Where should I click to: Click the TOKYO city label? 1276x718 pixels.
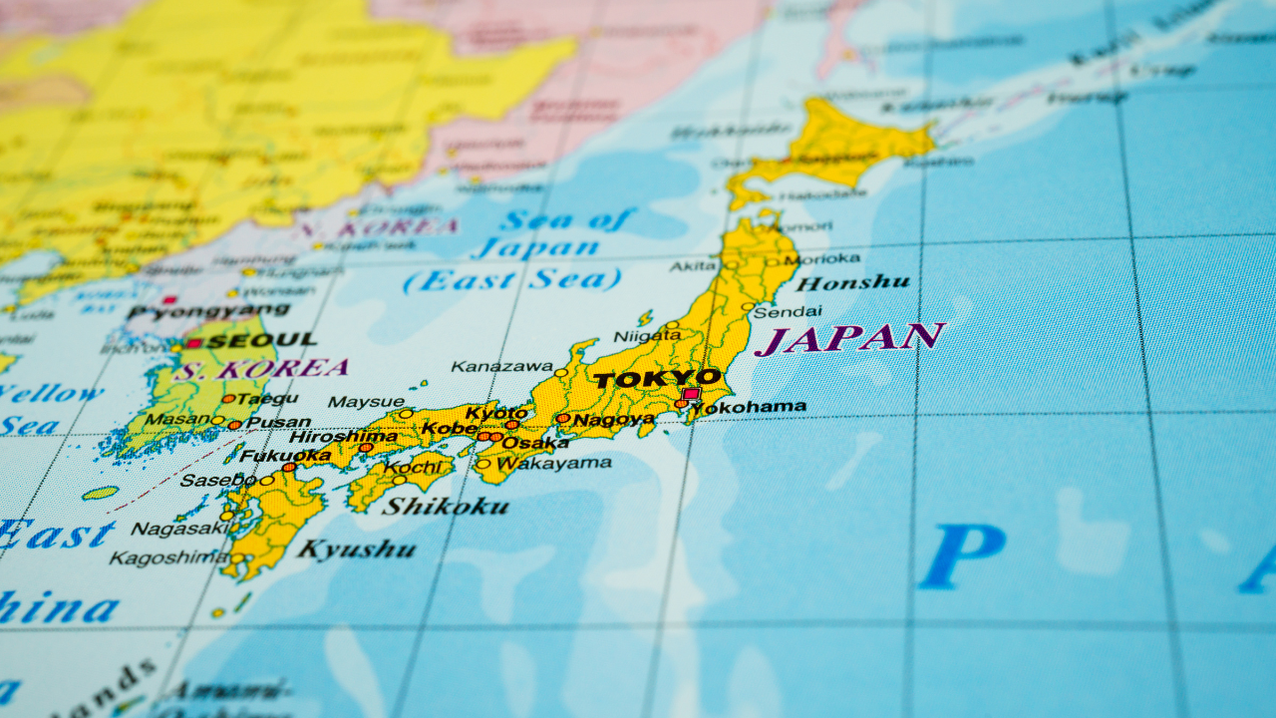pyautogui.click(x=656, y=379)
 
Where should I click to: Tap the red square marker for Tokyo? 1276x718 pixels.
pyautogui.click(x=691, y=394)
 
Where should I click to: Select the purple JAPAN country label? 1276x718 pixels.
pyautogui.click(x=849, y=338)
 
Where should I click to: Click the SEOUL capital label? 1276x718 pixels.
pyautogui.click(x=261, y=340)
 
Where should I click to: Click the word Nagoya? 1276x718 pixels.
pyautogui.click(x=614, y=420)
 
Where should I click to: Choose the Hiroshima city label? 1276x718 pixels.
pyautogui.click(x=342, y=437)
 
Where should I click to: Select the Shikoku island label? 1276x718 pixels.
pyautogui.click(x=446, y=506)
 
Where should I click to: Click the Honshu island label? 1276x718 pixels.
pyautogui.click(x=852, y=283)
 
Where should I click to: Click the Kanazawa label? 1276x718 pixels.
pyautogui.click(x=501, y=366)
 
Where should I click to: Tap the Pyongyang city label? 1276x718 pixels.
pyautogui.click(x=208, y=312)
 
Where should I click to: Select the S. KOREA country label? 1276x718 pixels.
pyautogui.click(x=261, y=369)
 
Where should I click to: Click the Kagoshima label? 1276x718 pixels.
pyautogui.click(x=168, y=557)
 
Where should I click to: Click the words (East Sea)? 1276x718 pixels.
pyautogui.click(x=511, y=280)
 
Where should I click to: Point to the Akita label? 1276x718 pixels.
pyautogui.click(x=693, y=266)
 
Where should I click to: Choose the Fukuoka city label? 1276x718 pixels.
pyautogui.click(x=285, y=456)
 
